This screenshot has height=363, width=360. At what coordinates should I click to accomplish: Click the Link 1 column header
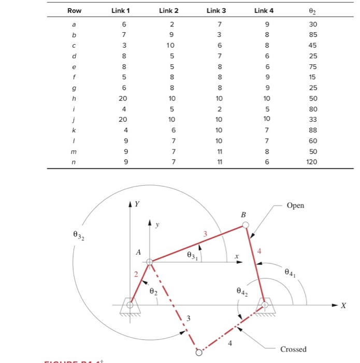(x=121, y=10)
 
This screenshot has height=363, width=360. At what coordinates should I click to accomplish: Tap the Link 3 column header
(x=216, y=10)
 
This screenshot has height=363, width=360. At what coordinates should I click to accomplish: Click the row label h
(x=74, y=99)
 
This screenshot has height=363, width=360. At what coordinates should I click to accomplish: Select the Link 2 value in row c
(x=172, y=46)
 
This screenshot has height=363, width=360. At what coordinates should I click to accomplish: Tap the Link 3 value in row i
(x=220, y=109)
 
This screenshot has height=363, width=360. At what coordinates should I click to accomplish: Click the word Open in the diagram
(x=295, y=205)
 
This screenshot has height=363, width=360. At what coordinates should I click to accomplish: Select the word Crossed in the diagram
(x=293, y=349)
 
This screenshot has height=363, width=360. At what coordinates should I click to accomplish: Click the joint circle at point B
(x=246, y=225)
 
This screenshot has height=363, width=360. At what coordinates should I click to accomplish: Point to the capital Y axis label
(x=136, y=204)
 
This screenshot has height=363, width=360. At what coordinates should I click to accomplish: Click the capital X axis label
(x=343, y=306)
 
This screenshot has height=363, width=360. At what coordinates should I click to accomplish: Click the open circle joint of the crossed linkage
(x=199, y=353)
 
